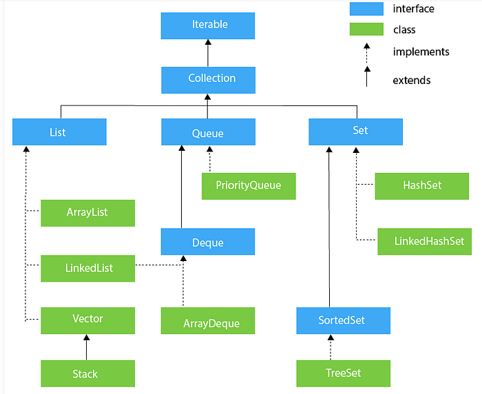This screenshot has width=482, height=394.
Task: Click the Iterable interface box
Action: click(x=208, y=26)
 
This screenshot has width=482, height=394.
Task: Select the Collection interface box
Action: click(x=208, y=80)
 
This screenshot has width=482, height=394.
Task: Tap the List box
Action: click(x=59, y=132)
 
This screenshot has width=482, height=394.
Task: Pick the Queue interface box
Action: click(x=208, y=132)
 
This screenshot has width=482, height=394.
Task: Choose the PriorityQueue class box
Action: click(x=249, y=186)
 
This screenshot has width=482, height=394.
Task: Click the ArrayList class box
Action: click(x=88, y=213)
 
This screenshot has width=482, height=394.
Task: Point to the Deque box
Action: click(x=208, y=242)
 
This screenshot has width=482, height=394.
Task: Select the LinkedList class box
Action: click(x=88, y=268)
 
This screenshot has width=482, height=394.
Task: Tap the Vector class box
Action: click(x=88, y=320)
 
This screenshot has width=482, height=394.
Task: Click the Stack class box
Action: click(x=88, y=373)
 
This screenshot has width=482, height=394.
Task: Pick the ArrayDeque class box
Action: click(x=208, y=320)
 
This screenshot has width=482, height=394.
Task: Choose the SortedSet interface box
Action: click(x=344, y=320)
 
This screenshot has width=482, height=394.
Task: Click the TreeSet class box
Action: click(x=344, y=373)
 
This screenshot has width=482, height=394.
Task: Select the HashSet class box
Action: click(x=421, y=186)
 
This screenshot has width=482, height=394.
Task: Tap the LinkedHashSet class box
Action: click(x=425, y=242)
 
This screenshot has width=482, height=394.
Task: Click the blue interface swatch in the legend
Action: click(x=366, y=9)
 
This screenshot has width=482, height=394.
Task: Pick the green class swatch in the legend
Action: click(x=366, y=29)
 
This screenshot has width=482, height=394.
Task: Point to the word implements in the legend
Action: click(x=421, y=52)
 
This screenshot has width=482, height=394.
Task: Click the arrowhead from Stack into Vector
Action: click(x=86, y=338)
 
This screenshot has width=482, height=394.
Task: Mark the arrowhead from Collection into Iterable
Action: click(x=208, y=42)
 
